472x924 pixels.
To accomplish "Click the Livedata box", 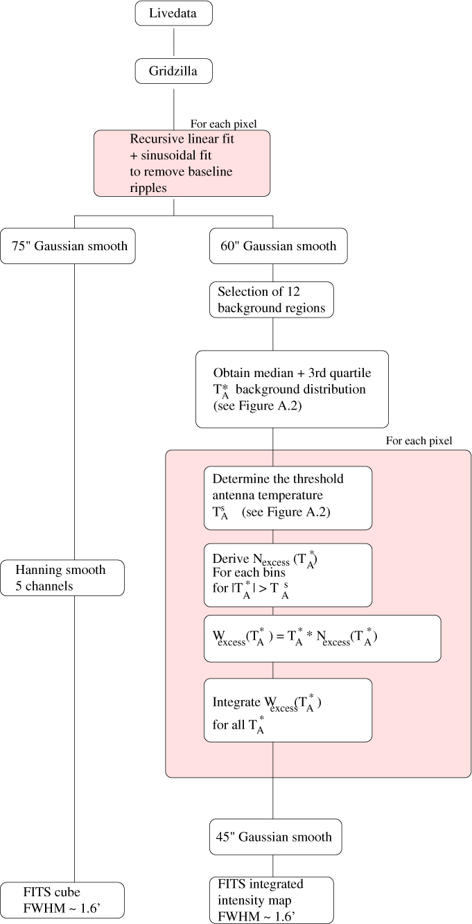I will (x=173, y=14).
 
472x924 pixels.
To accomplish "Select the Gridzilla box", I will (x=173, y=71).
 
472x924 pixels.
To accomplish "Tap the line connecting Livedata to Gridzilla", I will (x=173, y=42).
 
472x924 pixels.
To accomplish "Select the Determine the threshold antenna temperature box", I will (x=288, y=497).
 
